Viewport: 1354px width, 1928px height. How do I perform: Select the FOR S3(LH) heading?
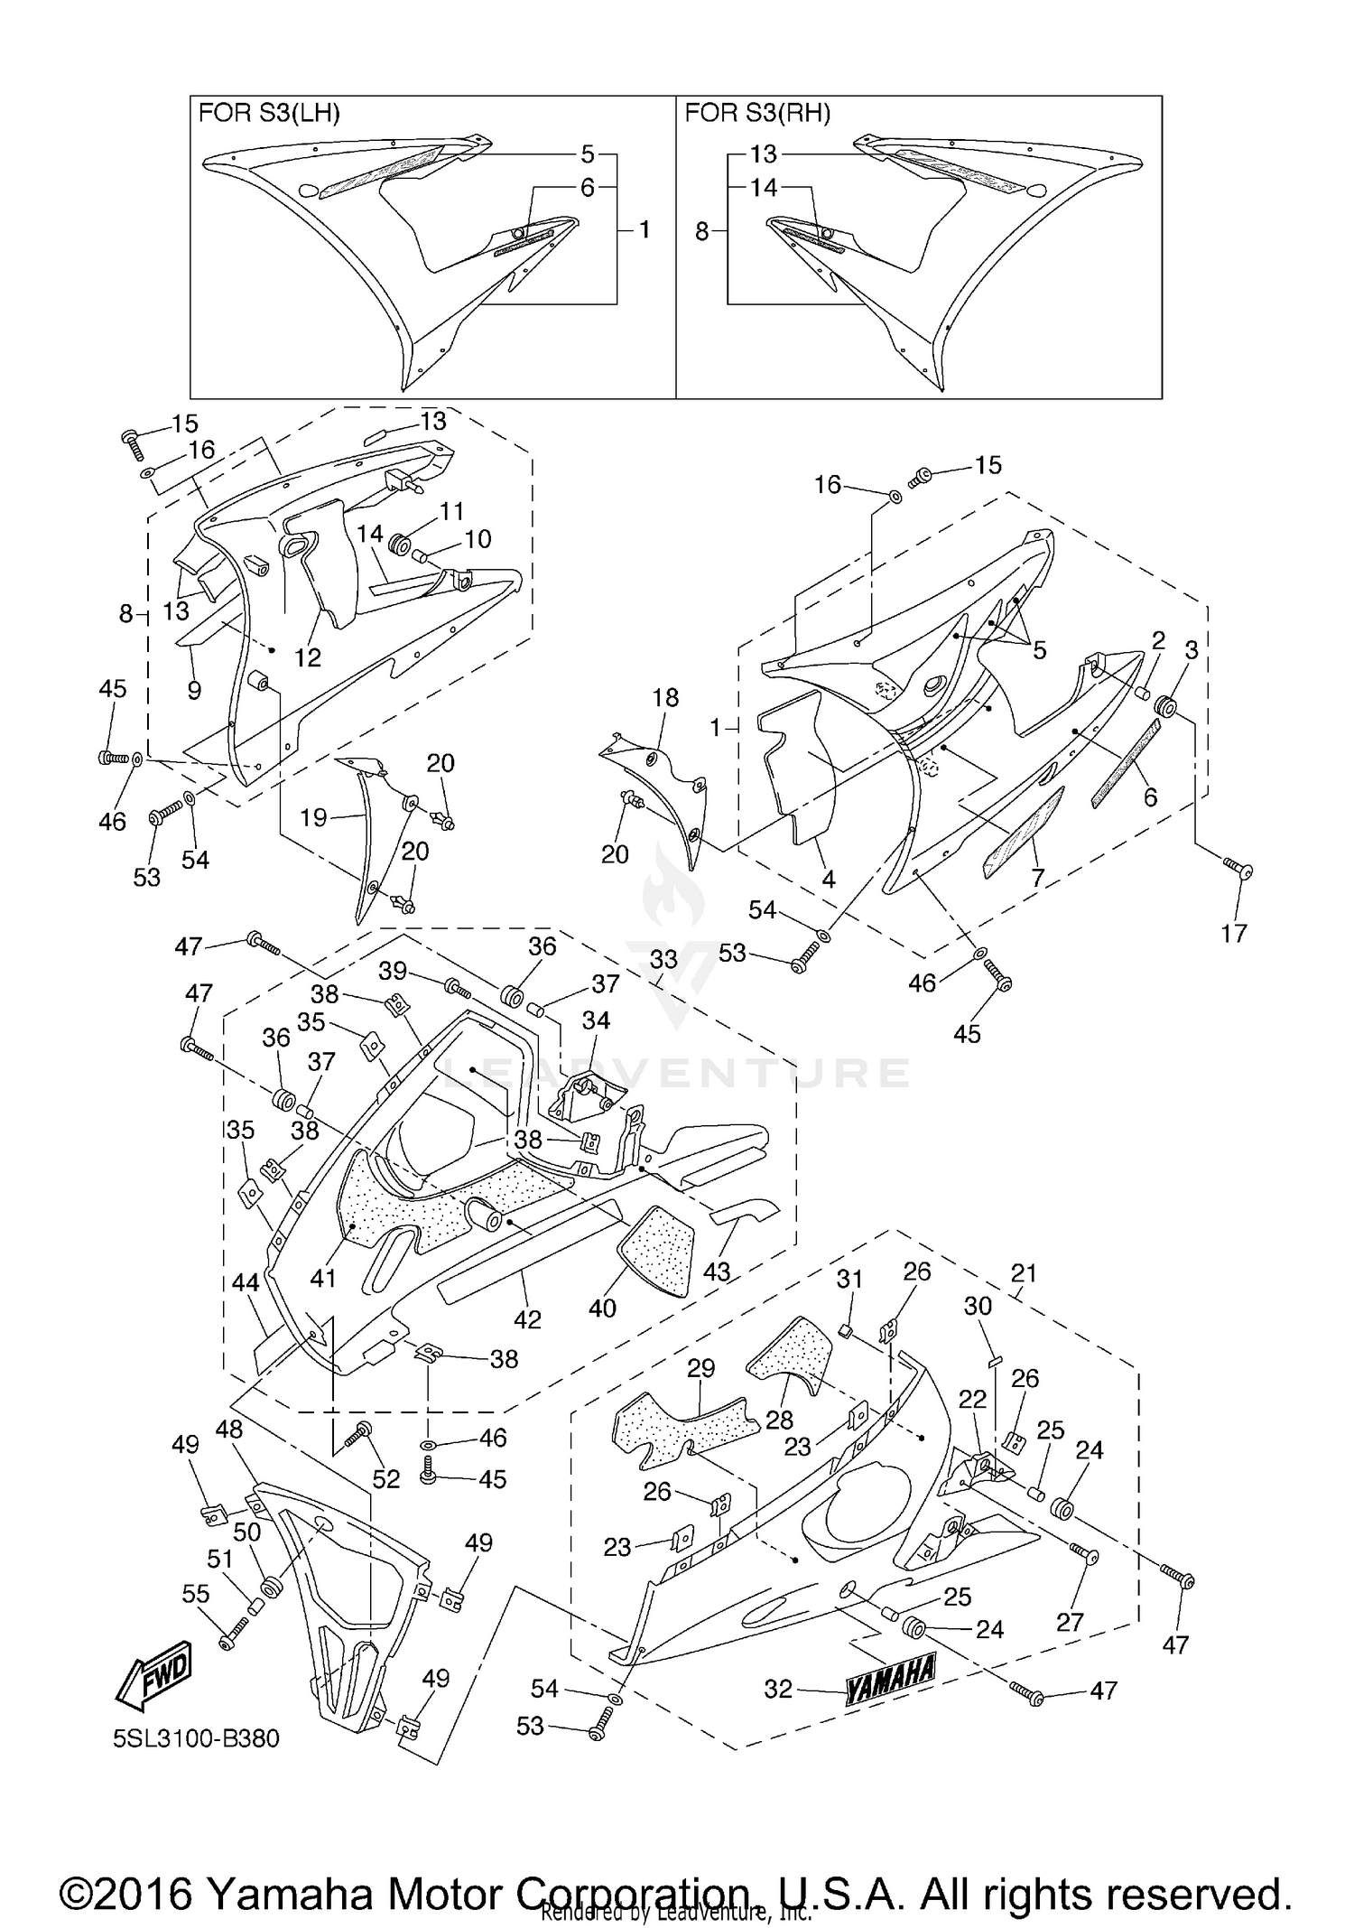click(269, 114)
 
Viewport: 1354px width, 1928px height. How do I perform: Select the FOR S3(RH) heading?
click(757, 114)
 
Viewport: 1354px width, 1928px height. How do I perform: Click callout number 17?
click(1233, 933)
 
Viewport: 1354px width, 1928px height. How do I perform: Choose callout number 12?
click(308, 657)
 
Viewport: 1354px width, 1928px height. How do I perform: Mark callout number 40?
click(602, 1307)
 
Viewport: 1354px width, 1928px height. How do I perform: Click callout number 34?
click(596, 1020)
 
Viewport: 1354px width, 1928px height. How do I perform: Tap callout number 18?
click(665, 697)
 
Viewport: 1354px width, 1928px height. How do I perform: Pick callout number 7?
click(1038, 877)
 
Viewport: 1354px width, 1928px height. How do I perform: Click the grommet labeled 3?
click(1166, 707)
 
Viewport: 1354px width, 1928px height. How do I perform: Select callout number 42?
click(527, 1319)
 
